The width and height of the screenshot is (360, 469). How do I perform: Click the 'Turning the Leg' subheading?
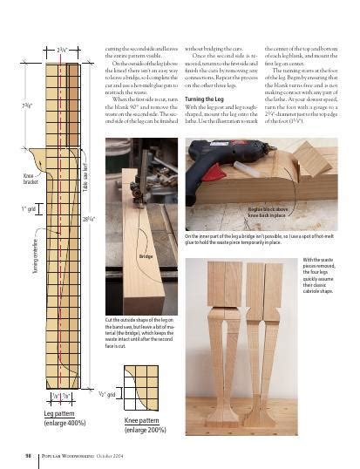click(206, 100)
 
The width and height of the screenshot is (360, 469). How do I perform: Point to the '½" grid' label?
click(106, 395)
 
